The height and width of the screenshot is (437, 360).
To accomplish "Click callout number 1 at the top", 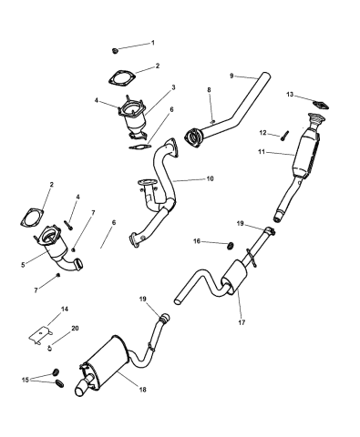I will tap(152, 43).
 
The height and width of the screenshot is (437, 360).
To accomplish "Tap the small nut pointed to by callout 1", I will tap(115, 48).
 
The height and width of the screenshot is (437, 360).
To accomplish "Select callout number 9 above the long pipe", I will tap(232, 76).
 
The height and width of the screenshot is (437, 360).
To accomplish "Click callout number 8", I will tap(209, 89).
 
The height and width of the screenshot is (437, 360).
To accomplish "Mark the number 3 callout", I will tap(172, 87).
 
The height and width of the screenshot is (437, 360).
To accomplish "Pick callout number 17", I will tap(241, 320).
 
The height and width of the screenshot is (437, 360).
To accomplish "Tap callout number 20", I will tap(76, 328).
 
